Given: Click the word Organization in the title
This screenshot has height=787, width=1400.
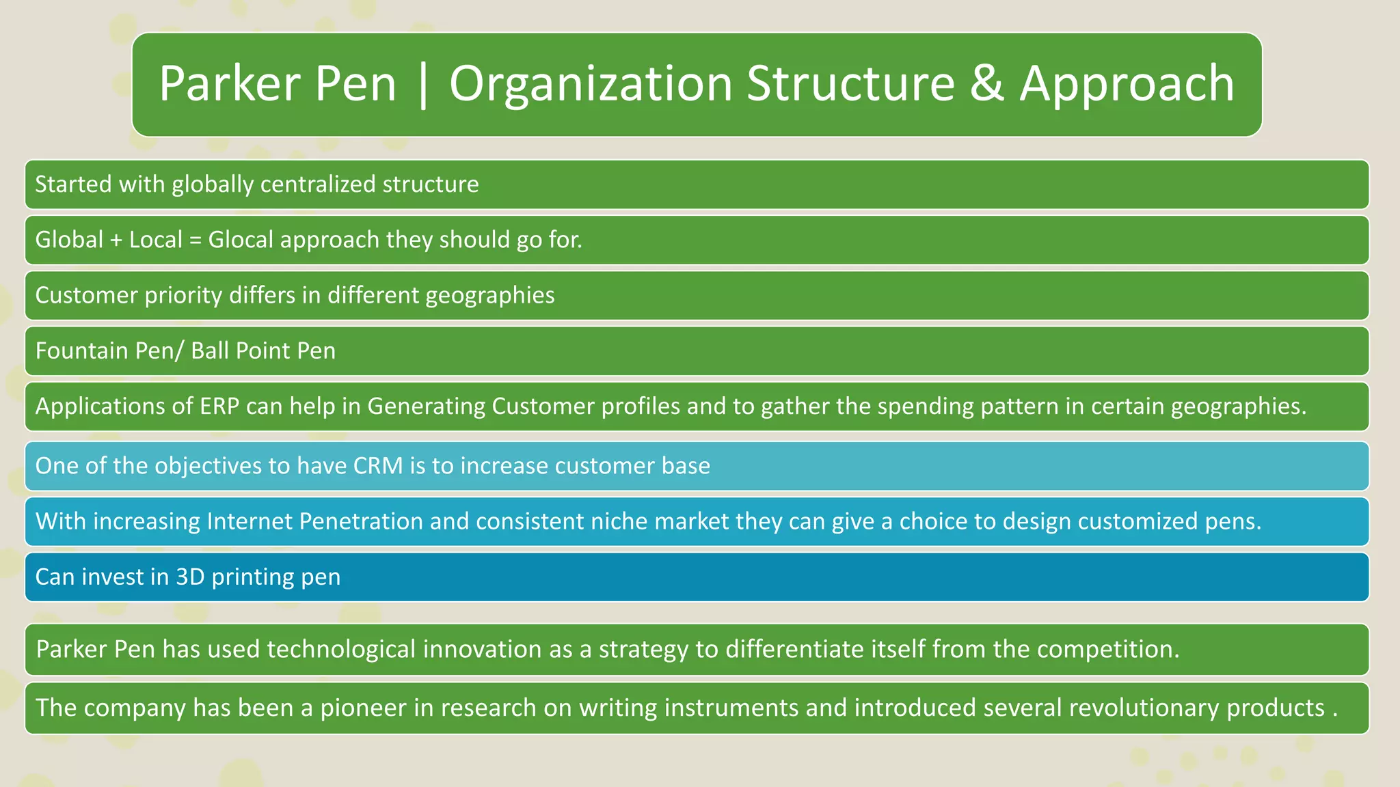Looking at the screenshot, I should (591, 84).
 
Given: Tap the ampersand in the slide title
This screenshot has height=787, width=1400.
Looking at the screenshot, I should (986, 84).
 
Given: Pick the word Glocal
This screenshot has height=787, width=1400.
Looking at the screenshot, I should (241, 240).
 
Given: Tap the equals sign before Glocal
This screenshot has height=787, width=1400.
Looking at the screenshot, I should (196, 240).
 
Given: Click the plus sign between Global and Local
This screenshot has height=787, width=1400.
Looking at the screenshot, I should (116, 240).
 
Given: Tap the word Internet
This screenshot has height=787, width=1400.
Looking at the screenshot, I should (249, 521).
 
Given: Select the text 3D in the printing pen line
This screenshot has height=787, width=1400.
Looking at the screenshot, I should (190, 577).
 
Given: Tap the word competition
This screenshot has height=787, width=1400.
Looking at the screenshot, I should (1107, 649).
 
